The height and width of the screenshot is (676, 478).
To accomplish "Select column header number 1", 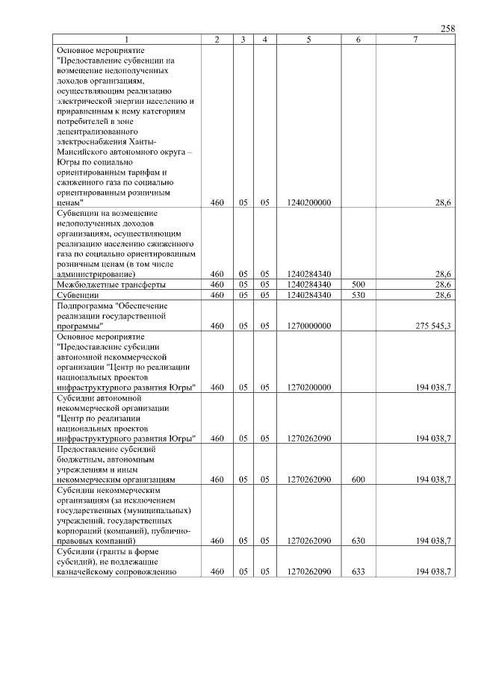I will [x=127, y=39].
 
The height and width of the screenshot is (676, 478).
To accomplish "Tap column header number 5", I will [x=308, y=39].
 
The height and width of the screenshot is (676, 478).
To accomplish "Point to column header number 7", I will [x=415, y=39].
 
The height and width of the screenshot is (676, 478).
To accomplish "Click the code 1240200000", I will [x=308, y=202].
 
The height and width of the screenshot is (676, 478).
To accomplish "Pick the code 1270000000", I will [x=308, y=326].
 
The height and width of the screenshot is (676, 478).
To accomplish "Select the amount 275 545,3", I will [x=432, y=326].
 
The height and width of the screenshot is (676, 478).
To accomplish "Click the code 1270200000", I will [x=308, y=387].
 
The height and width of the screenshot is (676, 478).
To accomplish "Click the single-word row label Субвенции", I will [x=79, y=295].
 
